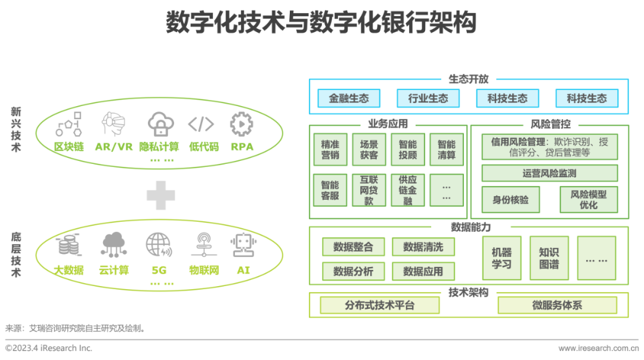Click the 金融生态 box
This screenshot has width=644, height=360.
(x=349, y=98)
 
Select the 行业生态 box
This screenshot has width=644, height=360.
(x=428, y=98)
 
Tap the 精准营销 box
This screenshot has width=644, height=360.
(x=330, y=150)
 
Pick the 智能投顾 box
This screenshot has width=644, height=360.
(x=408, y=150)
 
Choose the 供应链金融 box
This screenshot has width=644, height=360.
(x=408, y=190)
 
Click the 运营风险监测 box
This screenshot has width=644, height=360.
(x=550, y=173)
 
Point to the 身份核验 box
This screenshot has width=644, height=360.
(x=510, y=200)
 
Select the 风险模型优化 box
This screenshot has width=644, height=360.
(x=589, y=200)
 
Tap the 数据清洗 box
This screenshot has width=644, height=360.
(x=423, y=247)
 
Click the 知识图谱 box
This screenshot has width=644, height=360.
(x=549, y=258)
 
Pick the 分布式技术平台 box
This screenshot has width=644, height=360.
(x=379, y=305)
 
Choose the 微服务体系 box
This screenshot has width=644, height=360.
(x=558, y=305)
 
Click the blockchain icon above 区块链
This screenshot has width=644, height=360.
(x=69, y=124)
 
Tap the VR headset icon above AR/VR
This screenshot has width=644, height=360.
(x=113, y=124)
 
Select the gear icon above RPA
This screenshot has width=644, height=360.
(x=241, y=124)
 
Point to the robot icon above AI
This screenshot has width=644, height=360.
(x=243, y=245)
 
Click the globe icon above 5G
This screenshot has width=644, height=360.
(x=159, y=245)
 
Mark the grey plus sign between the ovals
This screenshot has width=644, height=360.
(x=161, y=195)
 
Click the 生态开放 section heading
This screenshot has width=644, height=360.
(x=469, y=79)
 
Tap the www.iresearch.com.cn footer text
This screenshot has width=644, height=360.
(x=599, y=349)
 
